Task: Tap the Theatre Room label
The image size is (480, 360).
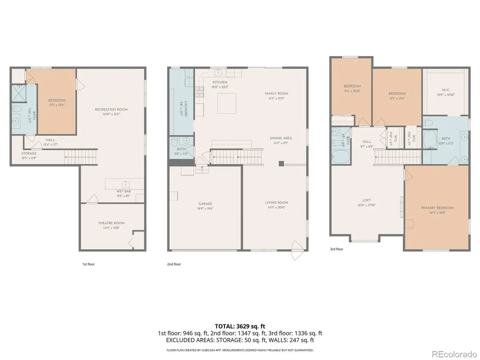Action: click(111, 223)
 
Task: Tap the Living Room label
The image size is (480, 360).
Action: click(276, 202)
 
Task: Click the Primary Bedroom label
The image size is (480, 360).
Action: click(437, 208)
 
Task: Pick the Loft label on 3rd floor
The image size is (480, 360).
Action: click(367, 200)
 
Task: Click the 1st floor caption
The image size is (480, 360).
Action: click(88, 264)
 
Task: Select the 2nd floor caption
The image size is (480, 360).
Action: click(174, 264)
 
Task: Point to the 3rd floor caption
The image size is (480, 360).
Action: click(336, 249)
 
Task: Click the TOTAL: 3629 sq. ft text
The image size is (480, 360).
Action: click(240, 326)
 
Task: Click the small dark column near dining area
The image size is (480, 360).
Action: click(281, 163)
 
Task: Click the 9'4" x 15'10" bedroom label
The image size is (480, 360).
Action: click(352, 88)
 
